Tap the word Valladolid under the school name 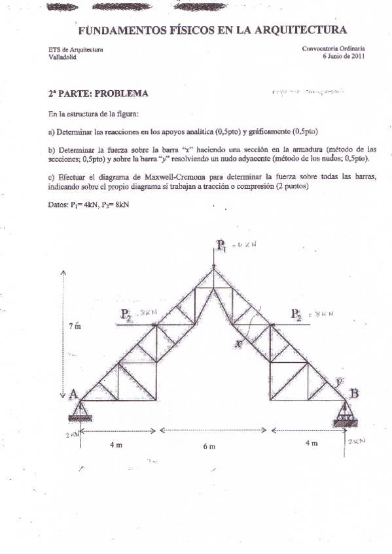(x=63, y=57)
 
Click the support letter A (x=73, y=393)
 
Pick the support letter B (x=354, y=393)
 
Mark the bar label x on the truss (x=240, y=342)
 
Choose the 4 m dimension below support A (x=116, y=444)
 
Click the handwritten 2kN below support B (x=357, y=441)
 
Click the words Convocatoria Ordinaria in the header (x=334, y=48)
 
